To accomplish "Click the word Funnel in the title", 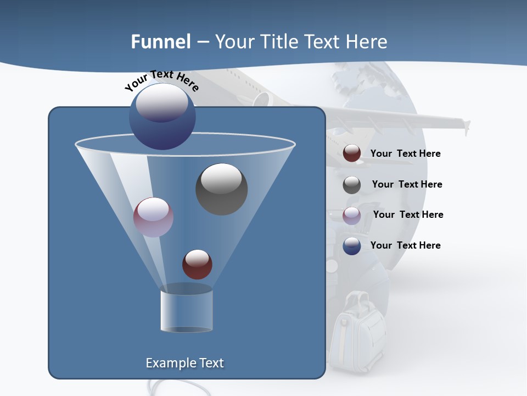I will coord(161,42).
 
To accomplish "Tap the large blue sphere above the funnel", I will coord(162,116).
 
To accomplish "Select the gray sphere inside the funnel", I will coord(221,189).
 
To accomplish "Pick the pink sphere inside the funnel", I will coord(153,217).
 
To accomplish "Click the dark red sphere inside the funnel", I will coord(197,264).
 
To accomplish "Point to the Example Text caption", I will coord(184,363).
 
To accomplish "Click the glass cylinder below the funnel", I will coord(187,311).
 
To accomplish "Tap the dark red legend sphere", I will coord(352,153).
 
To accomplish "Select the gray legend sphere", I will coord(352,185).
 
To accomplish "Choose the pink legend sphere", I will coord(352,216).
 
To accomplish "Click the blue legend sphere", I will coord(352,246).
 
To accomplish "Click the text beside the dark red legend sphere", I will coord(405,154).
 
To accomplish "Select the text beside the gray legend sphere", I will coord(407,185).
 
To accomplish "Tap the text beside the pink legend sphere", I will coord(408,215).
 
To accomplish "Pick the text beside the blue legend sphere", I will coord(405,245).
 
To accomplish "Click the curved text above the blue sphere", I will coord(161,80).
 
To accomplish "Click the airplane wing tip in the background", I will coord(466,126).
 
